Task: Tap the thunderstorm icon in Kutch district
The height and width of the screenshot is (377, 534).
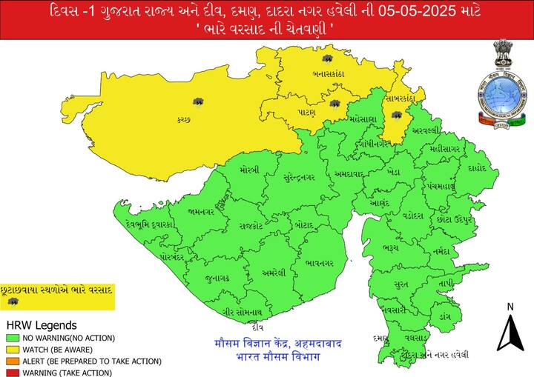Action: coord(198,101)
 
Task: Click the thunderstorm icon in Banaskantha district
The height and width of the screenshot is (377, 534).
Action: coord(326,59)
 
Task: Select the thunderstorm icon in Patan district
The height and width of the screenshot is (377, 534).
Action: coord(335,104)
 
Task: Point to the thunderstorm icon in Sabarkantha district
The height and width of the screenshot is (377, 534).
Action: coord(396,116)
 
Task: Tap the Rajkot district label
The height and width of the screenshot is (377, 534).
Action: coord(252,225)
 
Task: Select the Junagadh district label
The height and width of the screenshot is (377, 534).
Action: coord(217,278)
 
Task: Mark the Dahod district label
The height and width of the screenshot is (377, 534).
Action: coord(478,168)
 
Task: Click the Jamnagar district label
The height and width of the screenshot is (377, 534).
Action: coord(201,211)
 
